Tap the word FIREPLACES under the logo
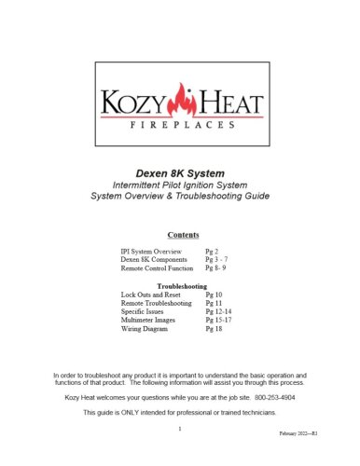(180, 122)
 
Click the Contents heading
(180, 235)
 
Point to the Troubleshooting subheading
(180, 285)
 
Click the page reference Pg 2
(211, 253)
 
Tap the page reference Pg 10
(213, 295)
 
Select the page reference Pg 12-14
(216, 312)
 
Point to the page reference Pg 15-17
(216, 321)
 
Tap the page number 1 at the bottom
(179, 429)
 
